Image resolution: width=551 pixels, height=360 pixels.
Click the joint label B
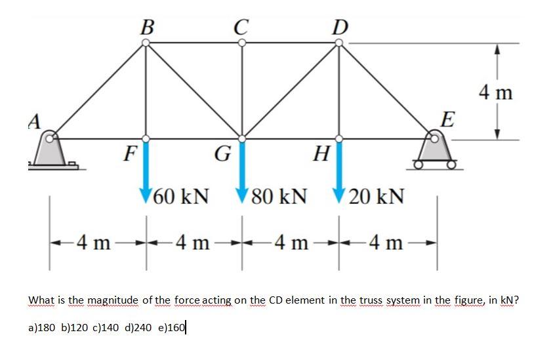click(x=148, y=27)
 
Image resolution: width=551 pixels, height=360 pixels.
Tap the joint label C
click(x=241, y=27)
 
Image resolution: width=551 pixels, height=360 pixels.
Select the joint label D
click(x=340, y=27)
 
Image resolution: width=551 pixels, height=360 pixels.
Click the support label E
click(x=447, y=121)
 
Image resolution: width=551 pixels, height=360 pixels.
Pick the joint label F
click(x=131, y=155)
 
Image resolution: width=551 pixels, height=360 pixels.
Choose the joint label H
click(x=321, y=155)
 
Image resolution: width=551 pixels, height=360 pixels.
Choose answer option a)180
click(x=43, y=327)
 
